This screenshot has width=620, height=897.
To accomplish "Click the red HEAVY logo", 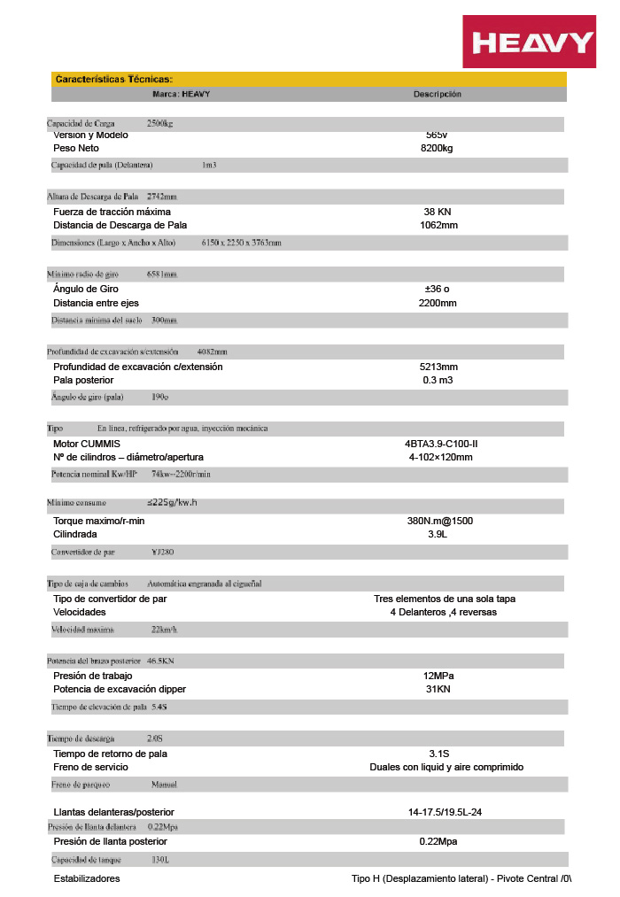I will coord(532,42).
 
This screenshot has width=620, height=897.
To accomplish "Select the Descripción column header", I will coord(437,94).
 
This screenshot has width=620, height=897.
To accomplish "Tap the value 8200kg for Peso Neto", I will coord(437,149).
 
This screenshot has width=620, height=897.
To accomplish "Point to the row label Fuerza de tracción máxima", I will coord(112,213).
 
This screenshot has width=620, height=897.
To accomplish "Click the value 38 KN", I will coord(438,213).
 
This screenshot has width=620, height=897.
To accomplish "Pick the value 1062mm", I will coord(438,225).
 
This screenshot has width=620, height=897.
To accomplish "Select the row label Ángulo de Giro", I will coord(86,289).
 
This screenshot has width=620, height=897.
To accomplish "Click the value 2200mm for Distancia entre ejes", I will coord(438,303).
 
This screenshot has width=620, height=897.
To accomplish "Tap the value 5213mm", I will coord(438,367).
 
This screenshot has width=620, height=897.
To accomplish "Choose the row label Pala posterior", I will coord(83,380).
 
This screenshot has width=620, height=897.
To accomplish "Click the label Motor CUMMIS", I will coord(86,444).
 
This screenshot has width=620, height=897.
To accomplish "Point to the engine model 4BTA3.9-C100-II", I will coord(440,444).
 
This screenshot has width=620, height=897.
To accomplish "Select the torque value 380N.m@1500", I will coord(440,521).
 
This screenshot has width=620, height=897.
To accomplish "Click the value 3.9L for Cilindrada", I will coord(438,534).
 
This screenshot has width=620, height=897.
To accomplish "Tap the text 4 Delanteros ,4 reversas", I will coord(443,612).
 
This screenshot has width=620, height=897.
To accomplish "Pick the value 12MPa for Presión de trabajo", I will coord(438,676).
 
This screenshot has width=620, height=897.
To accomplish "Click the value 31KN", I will coord(438,689).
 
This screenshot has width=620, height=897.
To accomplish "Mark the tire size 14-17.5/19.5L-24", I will coord(445,812).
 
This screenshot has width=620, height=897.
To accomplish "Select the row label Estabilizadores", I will coord(87,878).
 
